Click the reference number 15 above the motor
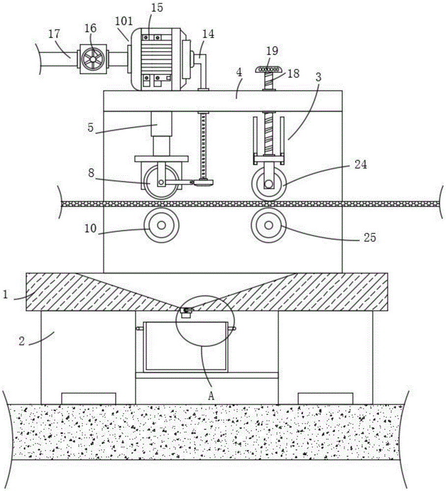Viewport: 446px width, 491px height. pos(158,8)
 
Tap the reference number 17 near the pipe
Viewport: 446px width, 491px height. pos(55,34)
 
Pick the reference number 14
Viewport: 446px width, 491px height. pos(208,34)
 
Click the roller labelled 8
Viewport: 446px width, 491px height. pos(161,183)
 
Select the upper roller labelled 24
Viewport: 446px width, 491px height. pos(268,184)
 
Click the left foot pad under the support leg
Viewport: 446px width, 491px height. pos(88,398)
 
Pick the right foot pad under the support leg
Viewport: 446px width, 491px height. pos(325,398)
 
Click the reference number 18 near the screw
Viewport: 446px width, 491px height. pos(293,74)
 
